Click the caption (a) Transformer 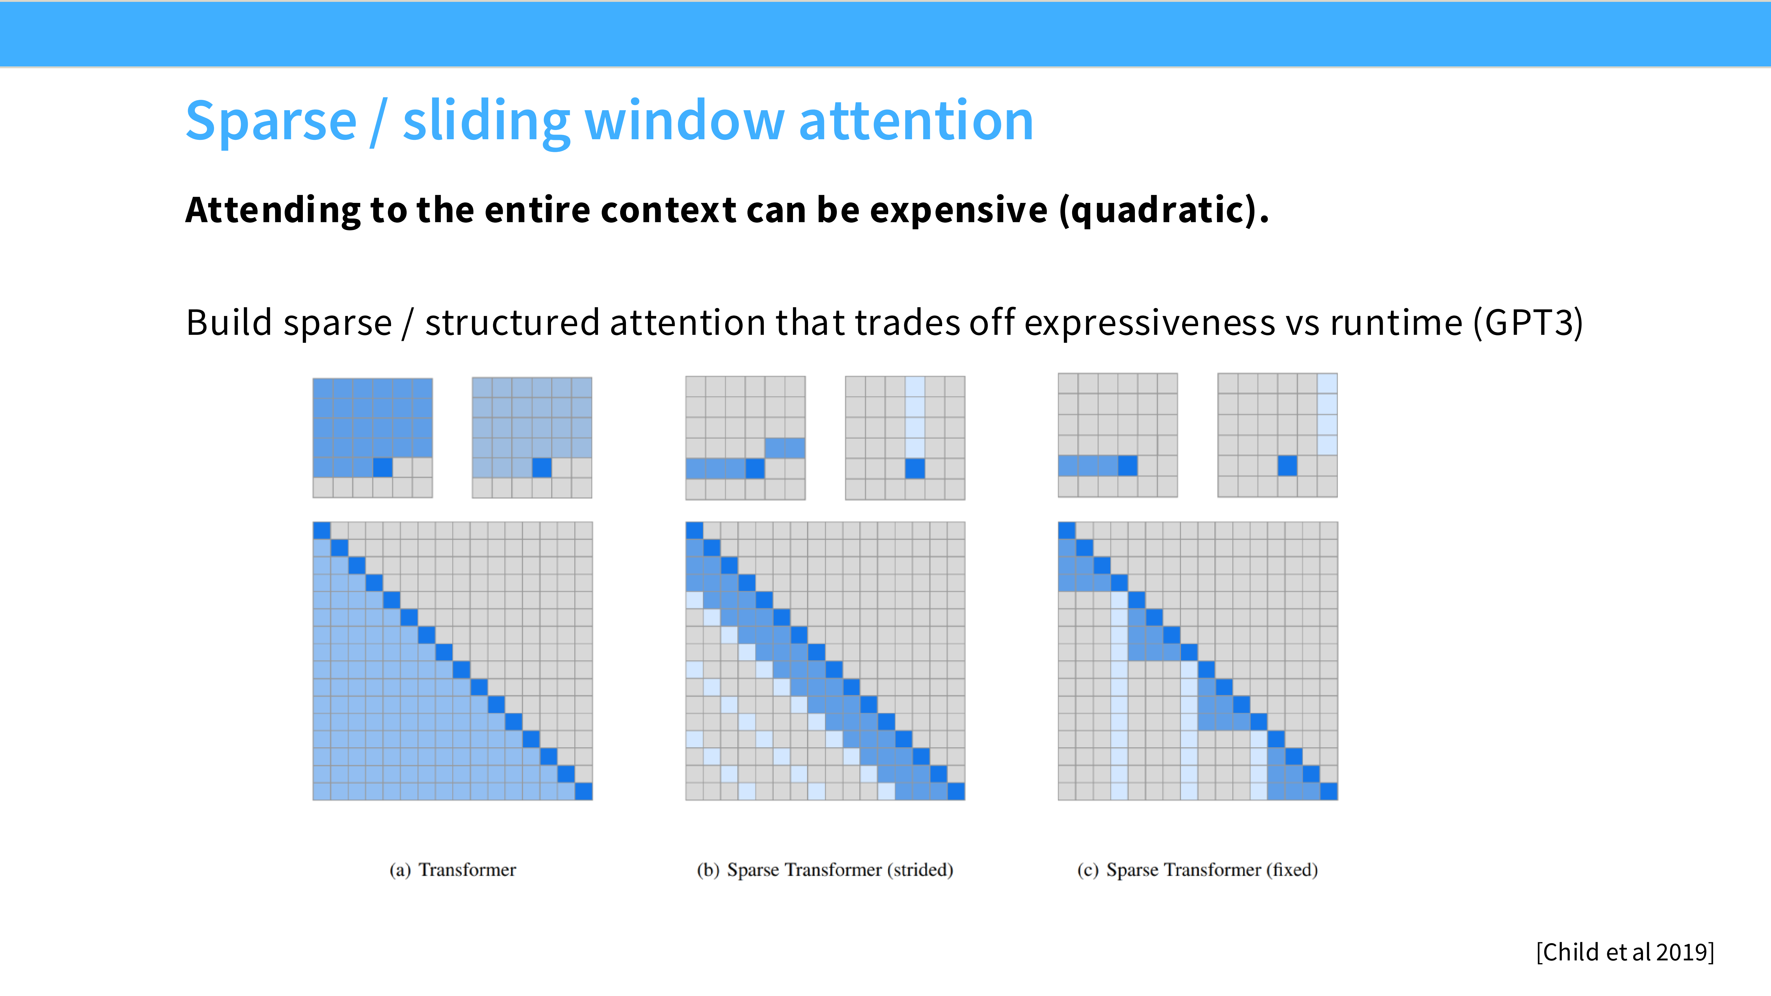tap(452, 870)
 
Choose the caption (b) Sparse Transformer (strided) tap(825, 870)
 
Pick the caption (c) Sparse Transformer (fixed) tap(1197, 870)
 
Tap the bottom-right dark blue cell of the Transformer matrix tap(584, 791)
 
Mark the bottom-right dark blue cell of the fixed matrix tap(1329, 791)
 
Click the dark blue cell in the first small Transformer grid tap(383, 467)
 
